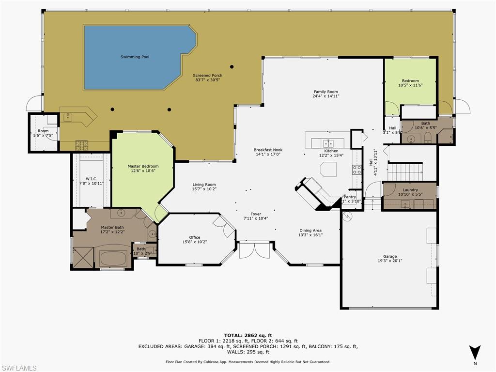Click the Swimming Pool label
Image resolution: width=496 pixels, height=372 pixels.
(135, 57)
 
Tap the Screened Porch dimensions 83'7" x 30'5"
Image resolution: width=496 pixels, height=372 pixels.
(207, 80)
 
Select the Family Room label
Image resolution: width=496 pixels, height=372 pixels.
(325, 92)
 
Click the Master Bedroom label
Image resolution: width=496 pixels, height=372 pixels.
(143, 166)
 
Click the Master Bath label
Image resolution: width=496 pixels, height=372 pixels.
(112, 227)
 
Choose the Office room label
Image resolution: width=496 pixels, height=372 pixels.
(195, 237)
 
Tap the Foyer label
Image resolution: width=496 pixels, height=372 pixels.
(256, 214)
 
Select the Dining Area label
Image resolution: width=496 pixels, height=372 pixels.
(311, 230)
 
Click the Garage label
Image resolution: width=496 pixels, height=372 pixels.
(390, 256)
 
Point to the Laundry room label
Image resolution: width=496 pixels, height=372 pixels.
(409, 190)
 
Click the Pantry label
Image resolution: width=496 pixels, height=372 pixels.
(350, 197)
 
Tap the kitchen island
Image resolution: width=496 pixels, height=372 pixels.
(328, 170)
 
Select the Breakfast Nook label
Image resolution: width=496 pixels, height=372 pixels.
(268, 150)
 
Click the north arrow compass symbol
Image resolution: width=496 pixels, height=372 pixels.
(475, 353)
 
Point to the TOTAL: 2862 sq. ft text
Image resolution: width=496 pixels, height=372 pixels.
(248, 335)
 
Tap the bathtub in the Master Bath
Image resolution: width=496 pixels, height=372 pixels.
(113, 256)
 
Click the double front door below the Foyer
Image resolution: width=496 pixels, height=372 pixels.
(254, 251)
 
